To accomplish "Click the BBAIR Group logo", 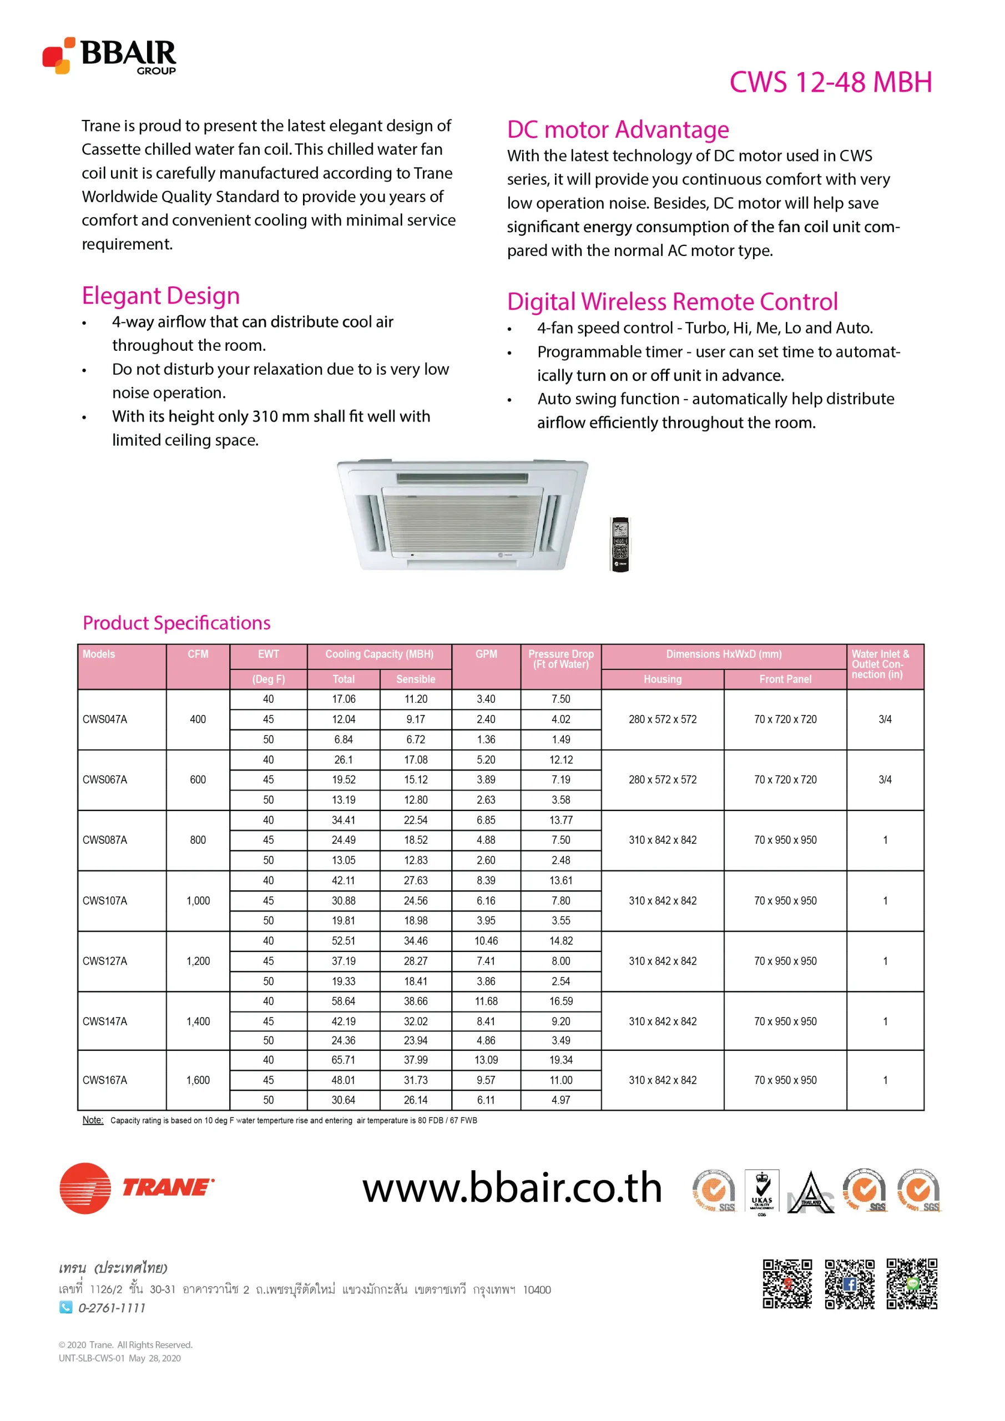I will pyautogui.click(x=109, y=56).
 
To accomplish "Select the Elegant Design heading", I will pyautogui.click(x=161, y=296).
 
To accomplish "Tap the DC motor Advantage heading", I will pyautogui.click(x=618, y=130).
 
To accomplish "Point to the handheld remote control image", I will pyautogui.click(x=619, y=544).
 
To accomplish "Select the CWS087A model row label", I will pyautogui.click(x=105, y=840).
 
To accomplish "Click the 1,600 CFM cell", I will pyautogui.click(x=198, y=1080).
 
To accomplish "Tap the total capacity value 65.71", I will pyautogui.click(x=344, y=1060).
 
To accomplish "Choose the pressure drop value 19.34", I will pyautogui.click(x=560, y=1060).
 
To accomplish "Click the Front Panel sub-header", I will pyautogui.click(x=785, y=679).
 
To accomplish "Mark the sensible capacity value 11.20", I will pyautogui.click(x=415, y=699).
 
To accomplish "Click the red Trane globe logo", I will pyautogui.click(x=85, y=1188).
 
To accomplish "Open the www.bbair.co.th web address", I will pyautogui.click(x=512, y=1188).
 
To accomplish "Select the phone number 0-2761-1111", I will pyautogui.click(x=112, y=1308).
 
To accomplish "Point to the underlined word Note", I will pyautogui.click(x=93, y=1120).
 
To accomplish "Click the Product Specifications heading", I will pyautogui.click(x=176, y=623).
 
